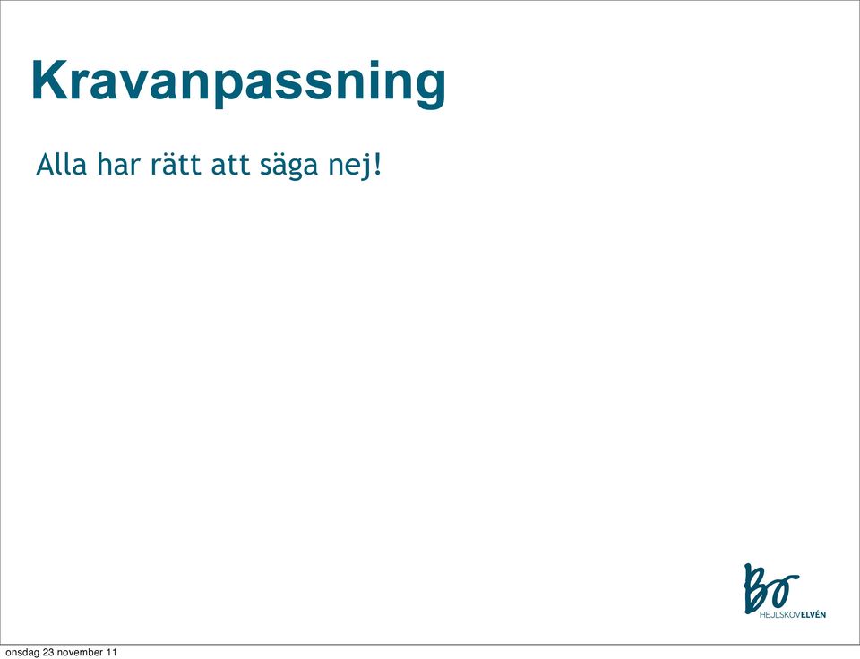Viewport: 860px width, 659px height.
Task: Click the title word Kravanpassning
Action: point(238,82)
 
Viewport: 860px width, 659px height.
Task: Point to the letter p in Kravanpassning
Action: point(228,87)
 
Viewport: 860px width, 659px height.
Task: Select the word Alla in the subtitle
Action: point(61,165)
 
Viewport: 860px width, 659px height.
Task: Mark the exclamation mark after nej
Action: point(376,165)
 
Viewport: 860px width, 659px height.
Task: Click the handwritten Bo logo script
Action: point(770,587)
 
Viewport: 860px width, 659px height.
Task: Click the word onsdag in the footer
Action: point(21,653)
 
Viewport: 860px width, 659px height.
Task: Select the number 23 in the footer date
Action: point(48,652)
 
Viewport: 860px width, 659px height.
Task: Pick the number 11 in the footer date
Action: point(111,652)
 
